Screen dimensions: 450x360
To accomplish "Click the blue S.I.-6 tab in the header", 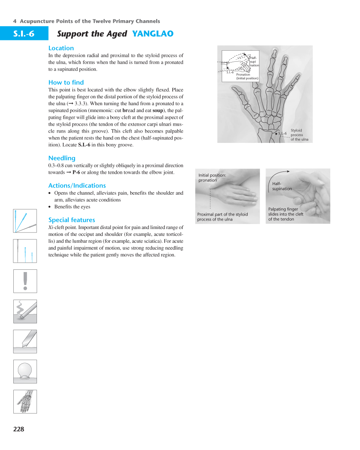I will tap(24, 34).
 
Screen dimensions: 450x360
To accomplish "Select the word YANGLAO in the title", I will tap(152, 34).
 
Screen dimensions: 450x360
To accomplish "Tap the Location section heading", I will tap(61, 48).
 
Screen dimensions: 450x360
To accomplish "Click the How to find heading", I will tap(66, 82).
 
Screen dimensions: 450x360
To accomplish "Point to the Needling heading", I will tap(62, 158).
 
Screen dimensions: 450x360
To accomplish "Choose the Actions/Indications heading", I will tap(77, 186).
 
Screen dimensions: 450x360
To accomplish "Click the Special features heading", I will tap(72, 220).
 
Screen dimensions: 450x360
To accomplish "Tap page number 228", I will tap(18, 429).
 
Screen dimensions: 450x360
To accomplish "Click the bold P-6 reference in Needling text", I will tap(76, 173).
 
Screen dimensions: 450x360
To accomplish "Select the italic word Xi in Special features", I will tap(51, 227).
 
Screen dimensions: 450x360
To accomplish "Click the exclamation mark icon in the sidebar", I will tap(25, 281).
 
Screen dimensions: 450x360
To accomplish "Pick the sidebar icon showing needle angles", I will tap(25, 221).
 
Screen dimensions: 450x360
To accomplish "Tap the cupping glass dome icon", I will tap(25, 371).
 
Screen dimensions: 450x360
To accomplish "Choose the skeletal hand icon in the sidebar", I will tap(25, 401).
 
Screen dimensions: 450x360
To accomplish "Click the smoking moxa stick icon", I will tap(25, 311).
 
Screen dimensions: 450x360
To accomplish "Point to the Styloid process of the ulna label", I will tap(299, 135).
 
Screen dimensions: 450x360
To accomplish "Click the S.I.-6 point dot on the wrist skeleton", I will tap(276, 134).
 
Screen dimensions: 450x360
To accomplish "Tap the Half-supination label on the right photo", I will tap(282, 186).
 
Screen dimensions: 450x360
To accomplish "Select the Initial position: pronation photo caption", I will tap(212, 178).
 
